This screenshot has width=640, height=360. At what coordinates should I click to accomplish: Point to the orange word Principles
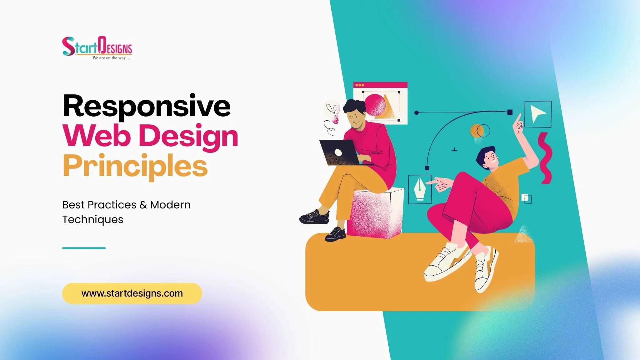tap(135, 166)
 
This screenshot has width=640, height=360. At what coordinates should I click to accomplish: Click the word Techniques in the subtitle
tap(92, 220)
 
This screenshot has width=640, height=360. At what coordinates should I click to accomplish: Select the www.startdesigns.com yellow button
tap(132, 293)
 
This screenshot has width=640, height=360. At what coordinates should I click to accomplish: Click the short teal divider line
tap(84, 248)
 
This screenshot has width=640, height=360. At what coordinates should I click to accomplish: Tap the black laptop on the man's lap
tap(339, 152)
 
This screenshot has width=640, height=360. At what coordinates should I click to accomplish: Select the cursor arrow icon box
tap(537, 114)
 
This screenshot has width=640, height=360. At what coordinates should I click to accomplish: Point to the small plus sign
tap(455, 151)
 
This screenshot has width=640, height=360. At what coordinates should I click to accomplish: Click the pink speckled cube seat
tap(375, 214)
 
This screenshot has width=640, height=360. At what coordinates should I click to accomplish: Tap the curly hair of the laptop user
tap(355, 107)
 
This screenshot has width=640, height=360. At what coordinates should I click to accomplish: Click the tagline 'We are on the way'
tap(112, 58)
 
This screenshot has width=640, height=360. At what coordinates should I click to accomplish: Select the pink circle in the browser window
tap(375, 105)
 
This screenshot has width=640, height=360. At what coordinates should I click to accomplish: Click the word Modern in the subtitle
tap(170, 205)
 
